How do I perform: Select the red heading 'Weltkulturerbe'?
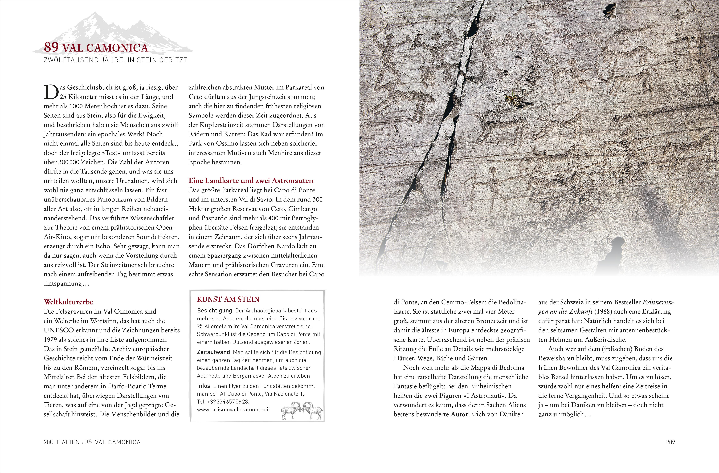pyautogui.click(x=68, y=302)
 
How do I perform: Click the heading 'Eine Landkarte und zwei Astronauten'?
pyautogui.click(x=251, y=181)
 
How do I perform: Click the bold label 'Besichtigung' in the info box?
pyautogui.click(x=214, y=311)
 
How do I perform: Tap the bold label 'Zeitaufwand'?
pyautogui.click(x=213, y=352)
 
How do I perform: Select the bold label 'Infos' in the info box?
pyautogui.click(x=204, y=386)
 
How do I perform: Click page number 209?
pyautogui.click(x=670, y=442)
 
